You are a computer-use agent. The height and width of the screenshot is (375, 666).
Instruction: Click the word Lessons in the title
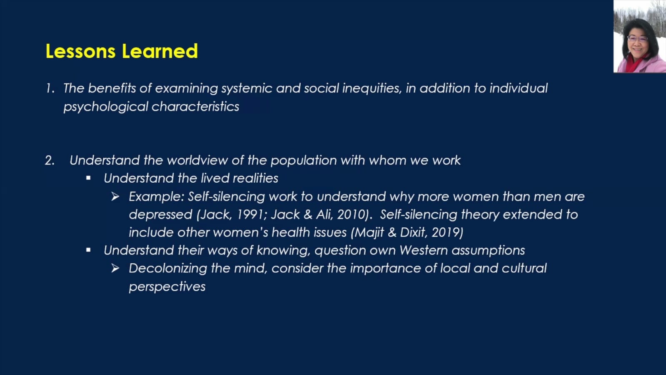(x=80, y=51)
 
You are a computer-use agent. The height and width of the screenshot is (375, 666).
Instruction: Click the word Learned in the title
(x=160, y=51)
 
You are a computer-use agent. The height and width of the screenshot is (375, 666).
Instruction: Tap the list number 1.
(x=50, y=88)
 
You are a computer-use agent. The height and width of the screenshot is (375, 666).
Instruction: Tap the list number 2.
(x=50, y=161)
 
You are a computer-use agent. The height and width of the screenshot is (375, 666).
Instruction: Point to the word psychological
(x=106, y=107)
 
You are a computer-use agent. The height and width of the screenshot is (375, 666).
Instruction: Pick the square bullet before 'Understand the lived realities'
(x=88, y=178)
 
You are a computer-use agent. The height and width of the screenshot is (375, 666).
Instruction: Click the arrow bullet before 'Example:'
(x=115, y=196)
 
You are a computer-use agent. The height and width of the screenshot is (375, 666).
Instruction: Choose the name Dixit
(x=414, y=233)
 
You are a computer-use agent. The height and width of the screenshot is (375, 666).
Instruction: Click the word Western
(x=424, y=250)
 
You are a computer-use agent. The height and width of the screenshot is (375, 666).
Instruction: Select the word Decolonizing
(x=168, y=269)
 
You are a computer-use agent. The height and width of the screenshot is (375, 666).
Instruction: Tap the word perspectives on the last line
(x=167, y=287)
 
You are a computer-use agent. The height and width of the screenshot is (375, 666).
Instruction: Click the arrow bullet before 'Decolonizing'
(x=115, y=268)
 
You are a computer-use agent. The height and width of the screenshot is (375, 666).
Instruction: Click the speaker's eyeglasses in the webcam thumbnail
(x=638, y=38)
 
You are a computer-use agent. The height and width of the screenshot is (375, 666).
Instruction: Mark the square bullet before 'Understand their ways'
(x=88, y=250)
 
